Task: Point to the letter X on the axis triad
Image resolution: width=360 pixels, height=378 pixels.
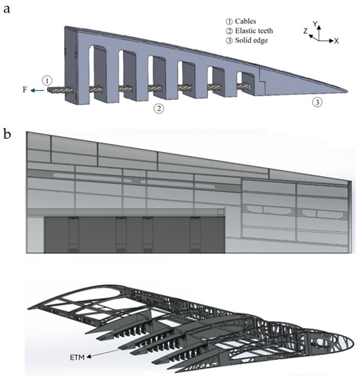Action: click(336, 40)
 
